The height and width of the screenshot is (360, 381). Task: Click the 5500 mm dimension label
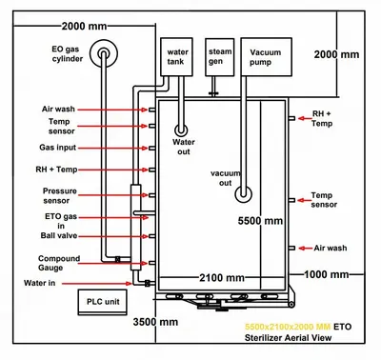coord(260,221)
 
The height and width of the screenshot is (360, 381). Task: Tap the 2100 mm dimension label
coord(222,278)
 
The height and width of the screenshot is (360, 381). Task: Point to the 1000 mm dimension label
coord(327,274)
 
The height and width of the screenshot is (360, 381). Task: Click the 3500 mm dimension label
coord(155,322)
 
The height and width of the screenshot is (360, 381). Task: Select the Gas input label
coord(58,148)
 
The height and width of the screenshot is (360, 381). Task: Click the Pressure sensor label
coord(60,195)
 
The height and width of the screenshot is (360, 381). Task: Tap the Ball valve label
coord(59,235)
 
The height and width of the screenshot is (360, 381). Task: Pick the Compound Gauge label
coord(59,263)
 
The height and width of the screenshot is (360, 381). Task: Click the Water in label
coord(39,283)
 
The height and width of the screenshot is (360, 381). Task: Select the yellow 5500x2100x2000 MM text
coord(288,327)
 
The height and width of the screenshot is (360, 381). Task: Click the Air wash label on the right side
coord(331,248)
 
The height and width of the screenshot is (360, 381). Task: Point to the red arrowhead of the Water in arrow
coord(129,283)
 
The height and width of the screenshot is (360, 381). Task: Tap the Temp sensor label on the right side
coord(324,200)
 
